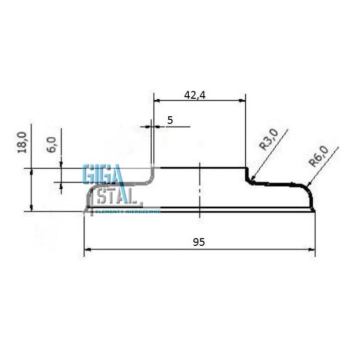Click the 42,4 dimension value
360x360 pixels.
[195, 95]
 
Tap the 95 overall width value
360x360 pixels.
[199, 242]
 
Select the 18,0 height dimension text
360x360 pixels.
[22, 142]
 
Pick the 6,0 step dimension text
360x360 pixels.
[51, 145]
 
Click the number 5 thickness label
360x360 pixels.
[170, 120]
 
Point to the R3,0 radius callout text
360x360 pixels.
[268, 139]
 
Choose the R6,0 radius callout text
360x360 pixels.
[318, 156]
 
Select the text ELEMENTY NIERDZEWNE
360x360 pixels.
[128, 211]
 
